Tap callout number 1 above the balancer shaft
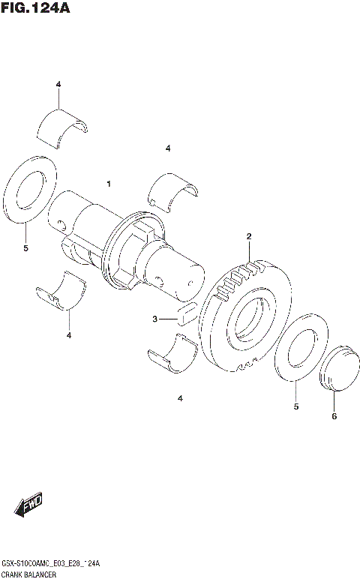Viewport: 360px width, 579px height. [109, 184]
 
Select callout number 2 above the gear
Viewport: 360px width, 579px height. [248, 237]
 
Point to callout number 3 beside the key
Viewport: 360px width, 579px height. [154, 319]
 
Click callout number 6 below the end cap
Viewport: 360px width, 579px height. [334, 415]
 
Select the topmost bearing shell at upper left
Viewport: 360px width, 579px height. [64, 124]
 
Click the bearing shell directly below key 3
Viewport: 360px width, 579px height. [172, 352]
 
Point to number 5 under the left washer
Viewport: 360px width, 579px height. [25, 247]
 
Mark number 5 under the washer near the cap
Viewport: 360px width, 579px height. [295, 406]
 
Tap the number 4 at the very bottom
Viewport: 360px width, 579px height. [180, 398]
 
